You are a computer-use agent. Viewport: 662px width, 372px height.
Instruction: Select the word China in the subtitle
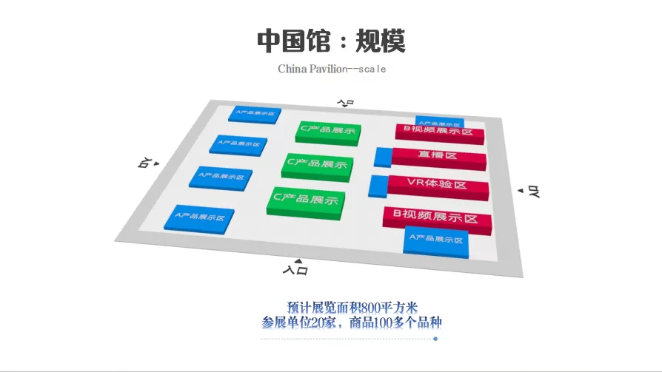pos(292,69)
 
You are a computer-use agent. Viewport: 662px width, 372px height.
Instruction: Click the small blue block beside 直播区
pos(383,157)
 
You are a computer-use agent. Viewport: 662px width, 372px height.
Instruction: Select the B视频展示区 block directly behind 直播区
pos(438,132)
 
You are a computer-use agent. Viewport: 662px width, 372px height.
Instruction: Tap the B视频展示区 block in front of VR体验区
pos(437,217)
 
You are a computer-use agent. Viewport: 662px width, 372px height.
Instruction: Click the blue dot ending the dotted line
pos(435,339)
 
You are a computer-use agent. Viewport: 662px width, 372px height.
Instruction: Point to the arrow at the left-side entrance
pos(156,163)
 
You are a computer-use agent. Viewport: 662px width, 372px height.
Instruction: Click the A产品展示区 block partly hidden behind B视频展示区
pos(440,121)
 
